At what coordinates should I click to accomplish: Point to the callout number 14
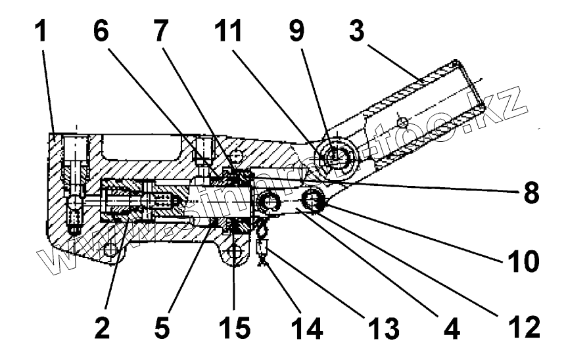[x=307, y=326]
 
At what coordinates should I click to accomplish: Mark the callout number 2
[x=100, y=326]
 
